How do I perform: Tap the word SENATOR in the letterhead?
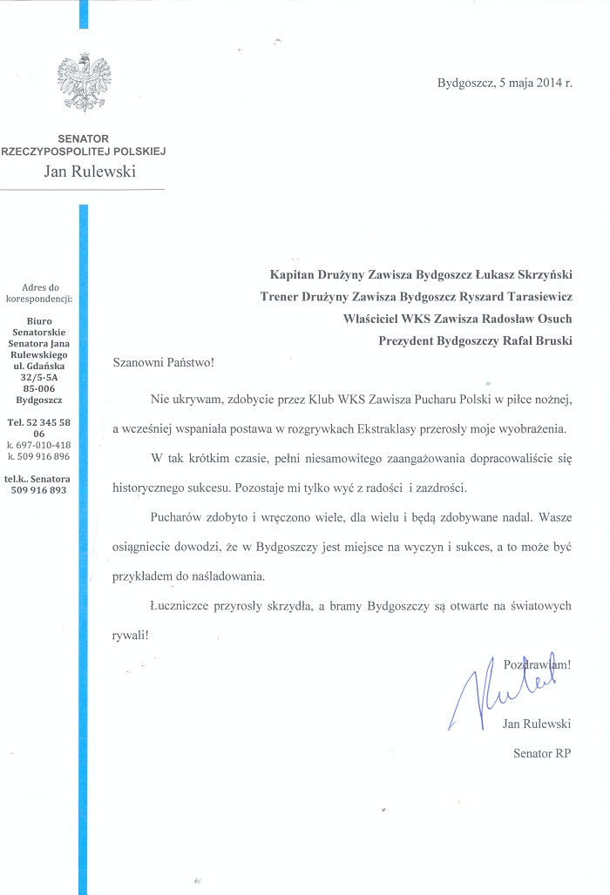pos(83,138)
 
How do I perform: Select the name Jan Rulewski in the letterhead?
pos(90,171)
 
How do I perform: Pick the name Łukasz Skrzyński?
pos(522,273)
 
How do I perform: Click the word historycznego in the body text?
pos(153,487)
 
